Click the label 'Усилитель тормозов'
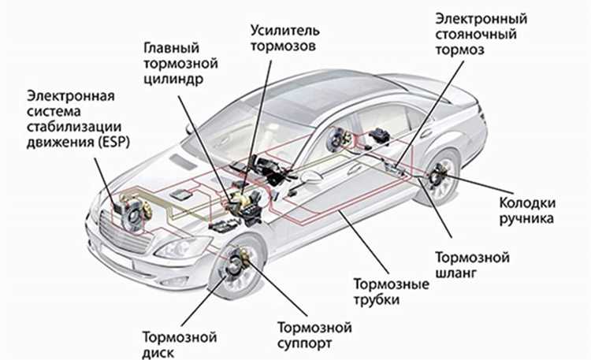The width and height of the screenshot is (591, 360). pyautogui.click(x=285, y=38)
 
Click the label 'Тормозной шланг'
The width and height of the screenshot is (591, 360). pyautogui.click(x=473, y=265)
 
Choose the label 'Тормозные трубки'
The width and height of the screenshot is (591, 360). pyautogui.click(x=390, y=291)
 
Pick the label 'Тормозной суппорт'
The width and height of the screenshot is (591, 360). pyautogui.click(x=313, y=335)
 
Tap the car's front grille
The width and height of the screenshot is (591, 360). pyautogui.click(x=118, y=236)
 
